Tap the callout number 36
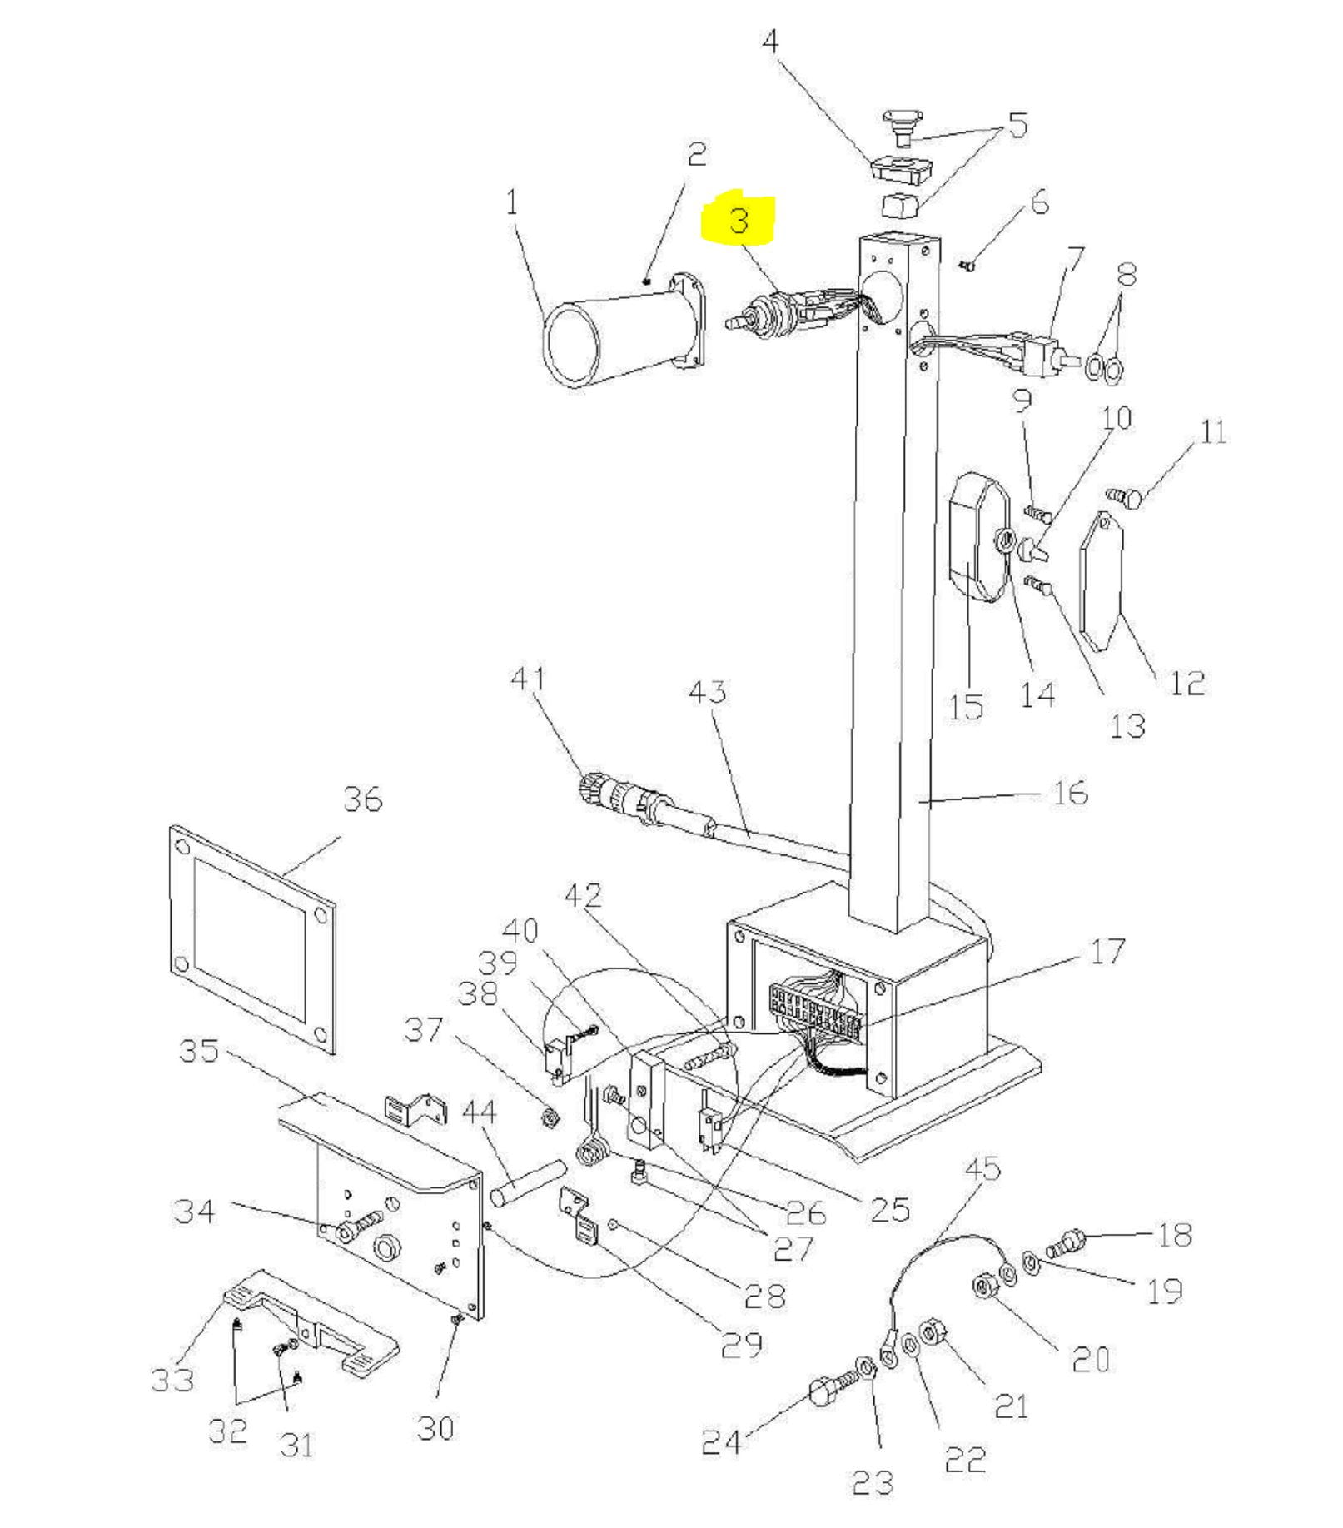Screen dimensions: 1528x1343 coord(363,799)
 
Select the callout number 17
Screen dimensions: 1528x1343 coord(1107,951)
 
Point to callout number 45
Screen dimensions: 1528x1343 coord(982,1169)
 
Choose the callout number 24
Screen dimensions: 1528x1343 coord(721,1442)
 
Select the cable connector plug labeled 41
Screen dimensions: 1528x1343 coord(620,799)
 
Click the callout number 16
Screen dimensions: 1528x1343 coord(1070,792)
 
